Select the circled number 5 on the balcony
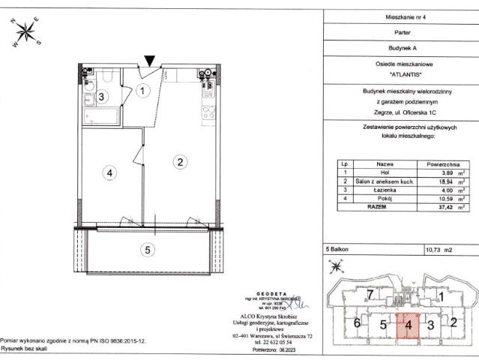click(148, 250)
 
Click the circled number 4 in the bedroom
click(109, 172)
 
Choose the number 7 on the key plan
click(370, 295)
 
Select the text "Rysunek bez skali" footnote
click(28, 349)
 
